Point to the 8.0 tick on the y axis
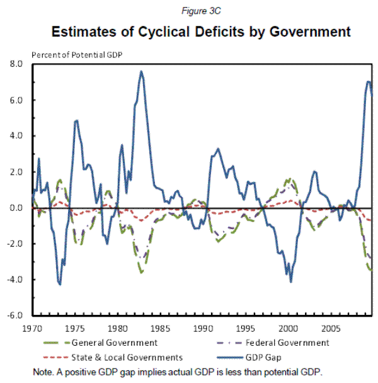tap(16, 64)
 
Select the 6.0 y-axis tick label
tap(16, 100)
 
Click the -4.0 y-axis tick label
tap(14, 280)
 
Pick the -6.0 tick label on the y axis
tap(14, 315)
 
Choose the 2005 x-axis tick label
tap(330, 329)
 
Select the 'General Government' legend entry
tap(110, 343)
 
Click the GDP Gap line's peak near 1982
tap(141, 71)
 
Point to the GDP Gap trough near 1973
tap(60, 285)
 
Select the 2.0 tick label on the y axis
tap(16, 172)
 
